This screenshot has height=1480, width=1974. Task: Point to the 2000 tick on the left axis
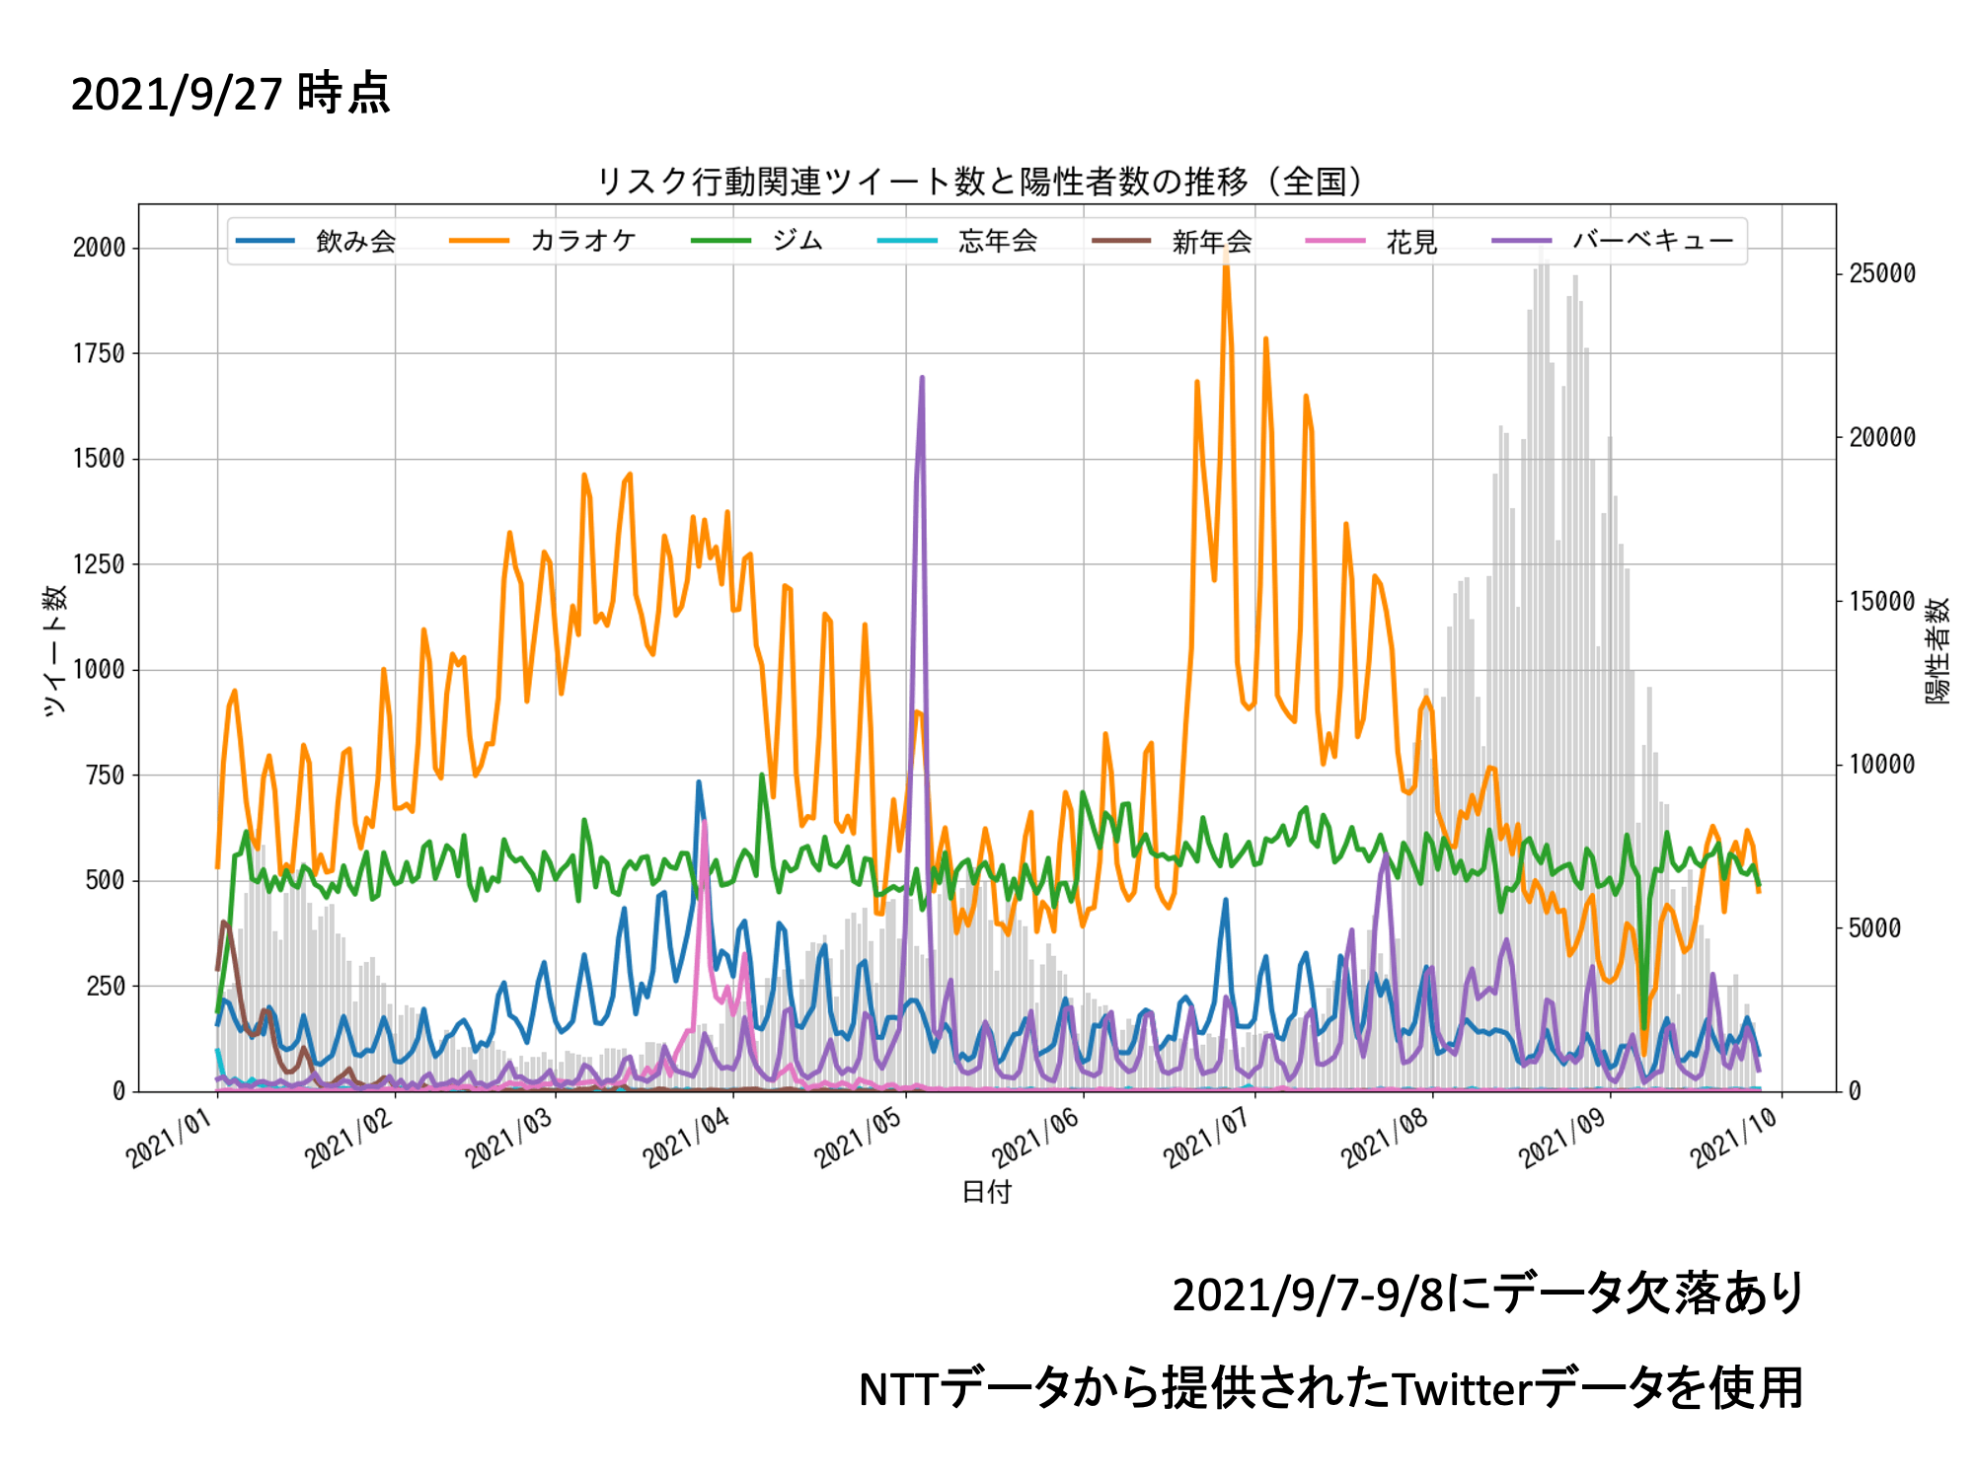100,248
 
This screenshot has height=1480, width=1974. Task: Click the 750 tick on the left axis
106,776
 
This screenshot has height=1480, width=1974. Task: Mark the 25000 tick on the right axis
1881,273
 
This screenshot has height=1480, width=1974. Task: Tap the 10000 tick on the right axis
1881,764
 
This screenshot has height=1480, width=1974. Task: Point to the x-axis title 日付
986,1192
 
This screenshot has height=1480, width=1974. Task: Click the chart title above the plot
981,182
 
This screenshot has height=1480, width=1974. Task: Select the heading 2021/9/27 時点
231,94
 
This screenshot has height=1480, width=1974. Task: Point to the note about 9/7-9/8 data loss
1487,1294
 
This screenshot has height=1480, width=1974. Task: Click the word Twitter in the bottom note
1462,1389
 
